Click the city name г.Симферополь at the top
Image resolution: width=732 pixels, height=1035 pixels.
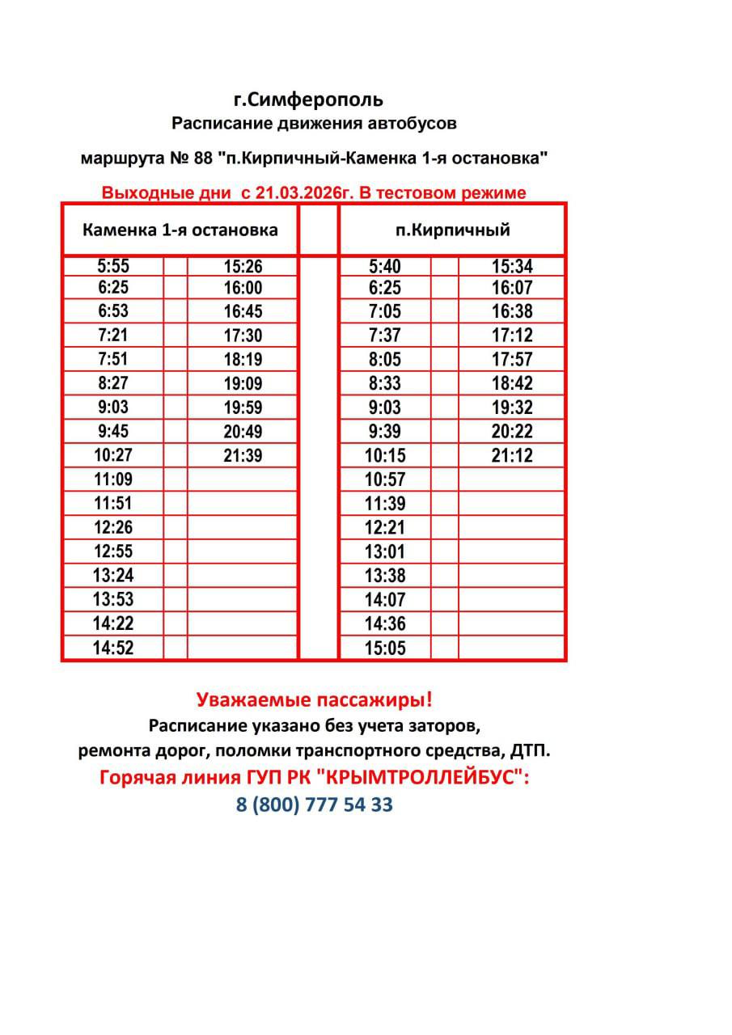pos(308,100)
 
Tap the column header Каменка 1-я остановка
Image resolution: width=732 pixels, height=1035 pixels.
pos(180,230)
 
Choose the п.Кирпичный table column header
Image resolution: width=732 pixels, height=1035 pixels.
pos(452,230)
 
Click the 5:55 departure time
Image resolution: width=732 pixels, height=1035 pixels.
pos(112,266)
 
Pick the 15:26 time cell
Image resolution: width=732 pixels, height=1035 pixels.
pos(243,266)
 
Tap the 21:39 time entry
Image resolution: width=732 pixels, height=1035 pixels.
pos(243,456)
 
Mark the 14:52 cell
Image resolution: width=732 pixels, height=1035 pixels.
pos(112,648)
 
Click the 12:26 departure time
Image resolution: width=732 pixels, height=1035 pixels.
pos(112,527)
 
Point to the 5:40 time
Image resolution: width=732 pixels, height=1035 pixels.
pos(384,266)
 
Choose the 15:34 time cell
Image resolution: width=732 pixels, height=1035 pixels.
pos(512,266)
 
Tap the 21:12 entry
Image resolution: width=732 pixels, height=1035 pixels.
pos(512,456)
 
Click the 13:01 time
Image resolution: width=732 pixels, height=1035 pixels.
pos(384,551)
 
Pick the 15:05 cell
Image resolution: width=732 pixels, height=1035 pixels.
pos(384,648)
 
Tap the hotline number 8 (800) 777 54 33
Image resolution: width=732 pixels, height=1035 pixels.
pos(315,805)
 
